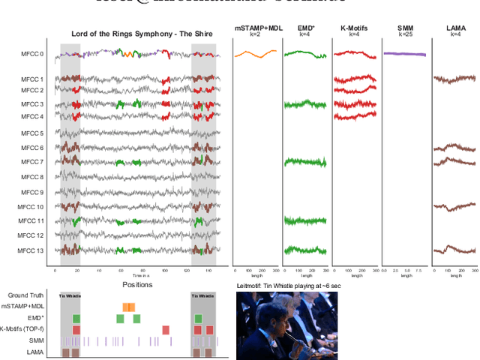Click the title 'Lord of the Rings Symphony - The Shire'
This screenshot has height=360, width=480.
click(142, 34)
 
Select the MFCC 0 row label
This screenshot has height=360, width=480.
click(32, 54)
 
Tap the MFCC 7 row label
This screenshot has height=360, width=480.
click(32, 162)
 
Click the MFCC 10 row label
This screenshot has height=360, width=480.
click(31, 206)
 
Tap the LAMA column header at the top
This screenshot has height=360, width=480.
click(455, 28)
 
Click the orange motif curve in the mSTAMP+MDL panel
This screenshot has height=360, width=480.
click(255, 54)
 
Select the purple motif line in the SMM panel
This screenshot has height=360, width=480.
click(405, 54)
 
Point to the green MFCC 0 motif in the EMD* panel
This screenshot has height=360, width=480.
click(304, 54)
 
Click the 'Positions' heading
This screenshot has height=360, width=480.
click(136, 285)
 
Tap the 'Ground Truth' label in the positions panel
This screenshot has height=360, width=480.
click(25, 296)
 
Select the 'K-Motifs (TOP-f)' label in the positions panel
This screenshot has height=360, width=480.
click(23, 328)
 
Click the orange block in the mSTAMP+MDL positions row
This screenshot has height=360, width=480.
click(128, 307)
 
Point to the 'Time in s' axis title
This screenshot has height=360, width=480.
click(136, 277)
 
